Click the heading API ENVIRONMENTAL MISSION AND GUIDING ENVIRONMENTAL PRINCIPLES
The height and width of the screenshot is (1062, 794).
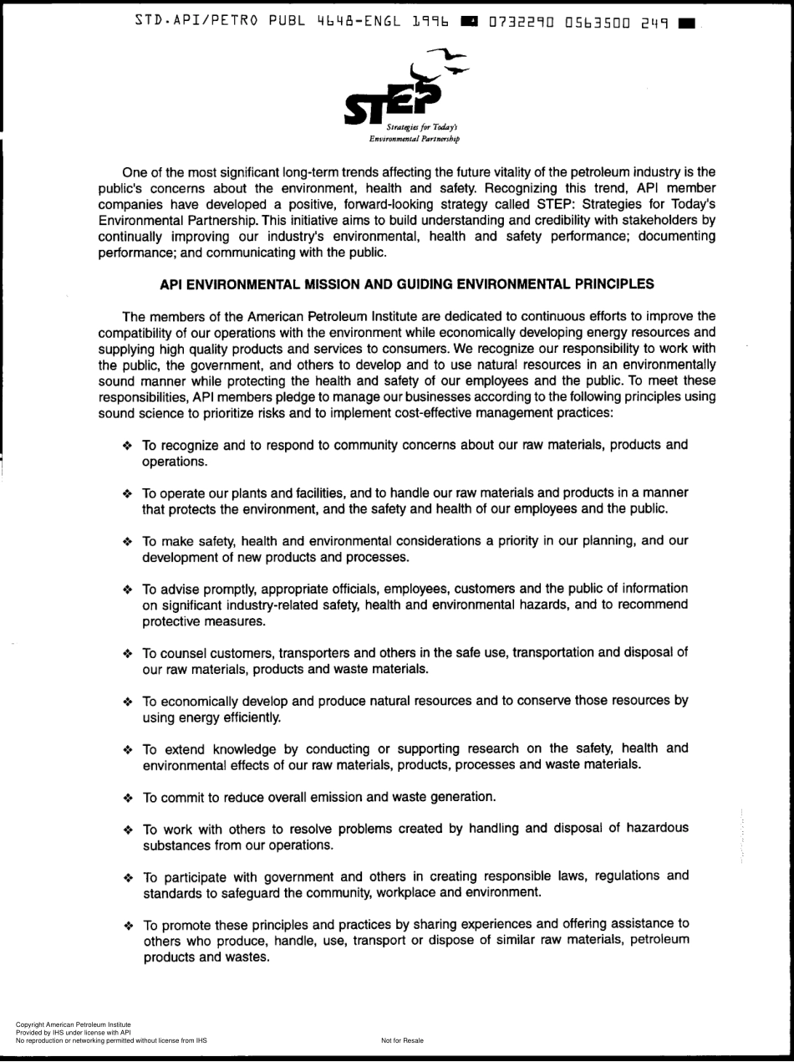point(406,284)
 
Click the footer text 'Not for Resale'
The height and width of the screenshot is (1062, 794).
point(402,1040)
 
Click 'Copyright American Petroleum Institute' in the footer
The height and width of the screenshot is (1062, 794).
point(68,1024)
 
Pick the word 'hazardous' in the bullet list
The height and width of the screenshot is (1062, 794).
point(650,828)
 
